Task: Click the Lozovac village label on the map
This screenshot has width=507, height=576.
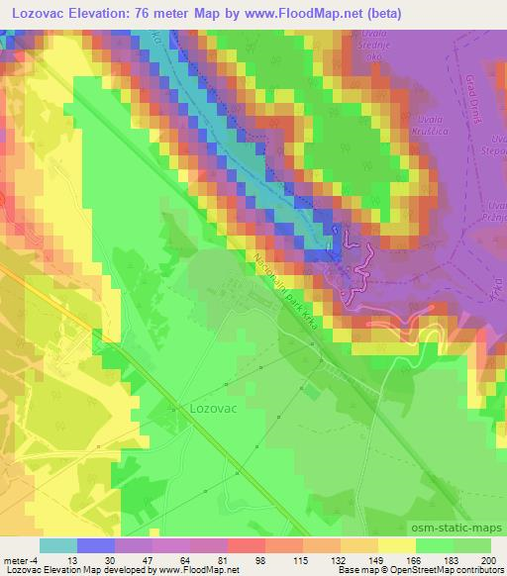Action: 211,406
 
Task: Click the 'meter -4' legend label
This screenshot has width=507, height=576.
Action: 22,560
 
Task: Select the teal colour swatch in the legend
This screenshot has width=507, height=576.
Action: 58,545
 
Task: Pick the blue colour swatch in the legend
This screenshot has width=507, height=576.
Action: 96,545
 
